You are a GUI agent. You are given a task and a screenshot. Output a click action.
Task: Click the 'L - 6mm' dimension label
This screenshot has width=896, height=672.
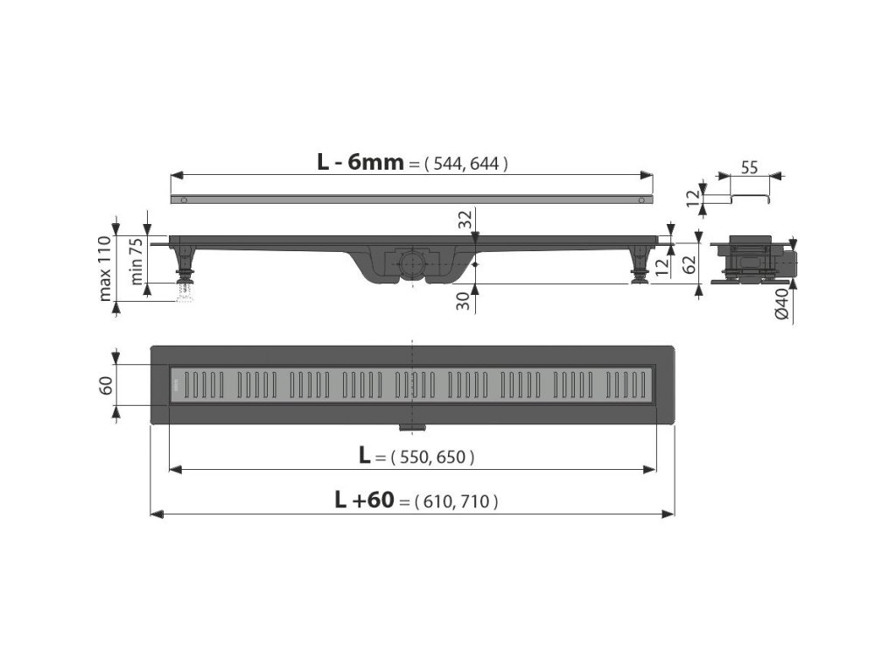(x=360, y=162)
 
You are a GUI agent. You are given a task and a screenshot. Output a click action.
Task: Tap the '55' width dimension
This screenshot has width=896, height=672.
(x=749, y=167)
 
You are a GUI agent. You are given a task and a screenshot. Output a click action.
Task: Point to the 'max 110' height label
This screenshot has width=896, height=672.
(x=105, y=268)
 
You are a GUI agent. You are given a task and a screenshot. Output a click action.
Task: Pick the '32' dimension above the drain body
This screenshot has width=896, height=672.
(x=465, y=220)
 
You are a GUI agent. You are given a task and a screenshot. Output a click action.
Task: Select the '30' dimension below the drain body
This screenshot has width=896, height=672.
(x=465, y=301)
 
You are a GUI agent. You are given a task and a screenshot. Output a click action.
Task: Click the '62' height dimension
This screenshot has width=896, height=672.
(x=690, y=263)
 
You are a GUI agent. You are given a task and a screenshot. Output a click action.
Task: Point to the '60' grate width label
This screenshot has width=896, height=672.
(x=106, y=385)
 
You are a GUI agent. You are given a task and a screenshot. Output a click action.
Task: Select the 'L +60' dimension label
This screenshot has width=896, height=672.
(x=364, y=500)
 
